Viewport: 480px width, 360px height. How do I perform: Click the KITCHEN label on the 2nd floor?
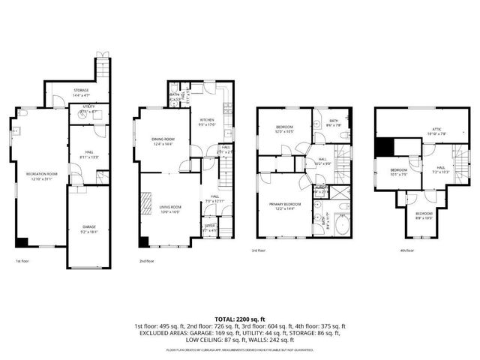pos(207,122)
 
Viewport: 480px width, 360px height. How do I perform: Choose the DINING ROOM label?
pos(163,141)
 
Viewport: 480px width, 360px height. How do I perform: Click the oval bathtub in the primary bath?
pos(341,223)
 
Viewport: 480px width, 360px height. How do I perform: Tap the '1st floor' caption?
pos(22,261)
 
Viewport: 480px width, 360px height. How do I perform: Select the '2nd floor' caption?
pos(146,261)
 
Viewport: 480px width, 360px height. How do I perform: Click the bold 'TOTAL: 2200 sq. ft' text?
pos(239,318)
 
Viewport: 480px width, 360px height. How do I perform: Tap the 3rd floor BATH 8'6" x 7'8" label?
pos(333,122)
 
